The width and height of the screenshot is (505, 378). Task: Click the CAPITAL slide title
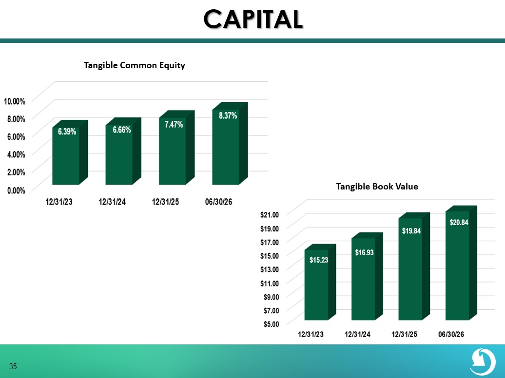click(253, 19)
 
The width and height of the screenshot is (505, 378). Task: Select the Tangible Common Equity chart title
click(135, 65)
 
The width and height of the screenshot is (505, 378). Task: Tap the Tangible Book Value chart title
click(377, 187)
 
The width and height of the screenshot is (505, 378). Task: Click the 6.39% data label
click(67, 132)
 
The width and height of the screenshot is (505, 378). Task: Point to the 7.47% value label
click(174, 124)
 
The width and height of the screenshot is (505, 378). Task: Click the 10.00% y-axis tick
click(15, 101)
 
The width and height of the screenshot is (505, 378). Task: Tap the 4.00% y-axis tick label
click(16, 154)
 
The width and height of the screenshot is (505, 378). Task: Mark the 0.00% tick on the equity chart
click(16, 190)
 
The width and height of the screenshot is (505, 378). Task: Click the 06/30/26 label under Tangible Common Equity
click(219, 202)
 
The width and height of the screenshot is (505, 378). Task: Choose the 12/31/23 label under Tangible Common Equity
click(59, 202)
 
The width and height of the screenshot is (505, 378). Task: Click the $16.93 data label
click(364, 252)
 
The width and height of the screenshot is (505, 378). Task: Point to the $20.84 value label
click(459, 222)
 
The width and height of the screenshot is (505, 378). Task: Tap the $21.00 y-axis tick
click(270, 214)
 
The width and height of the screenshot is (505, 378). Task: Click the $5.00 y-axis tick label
click(271, 324)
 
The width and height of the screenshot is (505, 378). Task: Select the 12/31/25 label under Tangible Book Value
click(404, 334)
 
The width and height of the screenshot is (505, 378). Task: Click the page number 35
click(13, 366)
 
